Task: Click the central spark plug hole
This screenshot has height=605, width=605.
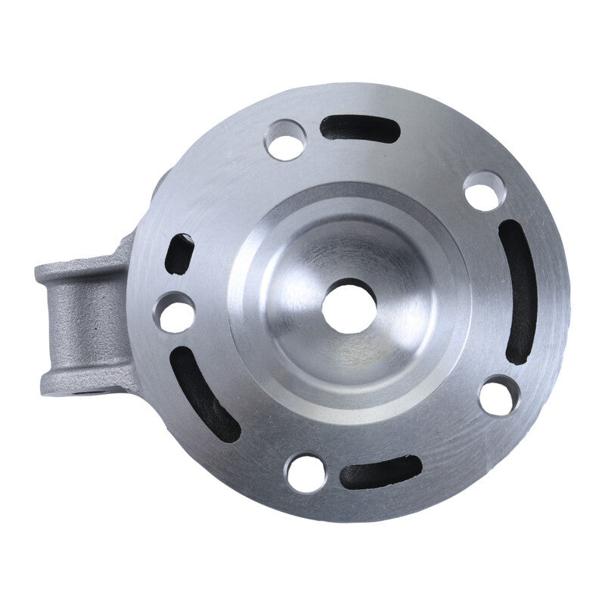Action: click(x=349, y=306)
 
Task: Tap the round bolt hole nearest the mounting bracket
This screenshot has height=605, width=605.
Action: click(x=175, y=312)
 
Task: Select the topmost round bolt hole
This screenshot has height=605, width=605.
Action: click(x=286, y=140)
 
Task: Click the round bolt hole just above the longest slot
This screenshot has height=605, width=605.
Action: click(x=484, y=191)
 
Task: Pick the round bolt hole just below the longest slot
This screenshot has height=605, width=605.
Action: click(x=500, y=395)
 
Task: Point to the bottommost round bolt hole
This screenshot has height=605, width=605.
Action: click(x=306, y=473)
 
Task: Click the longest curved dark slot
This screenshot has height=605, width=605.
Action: click(x=520, y=292)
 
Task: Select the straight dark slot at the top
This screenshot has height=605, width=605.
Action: click(x=359, y=129)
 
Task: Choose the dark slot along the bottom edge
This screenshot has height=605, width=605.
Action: click(x=380, y=472)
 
